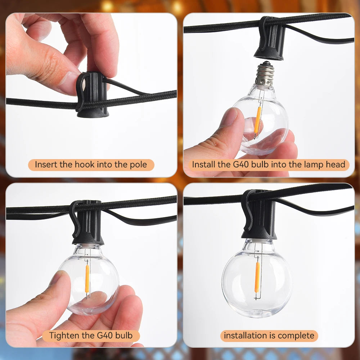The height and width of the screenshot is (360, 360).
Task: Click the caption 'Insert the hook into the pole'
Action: click(91, 165)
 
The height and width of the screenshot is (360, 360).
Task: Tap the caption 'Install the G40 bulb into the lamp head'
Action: click(269, 165)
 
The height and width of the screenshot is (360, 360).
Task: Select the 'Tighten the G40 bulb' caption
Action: click(91, 336)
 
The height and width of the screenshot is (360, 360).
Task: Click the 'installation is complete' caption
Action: click(269, 336)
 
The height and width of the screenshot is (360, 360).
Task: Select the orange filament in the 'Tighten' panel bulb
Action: click(87, 279)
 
